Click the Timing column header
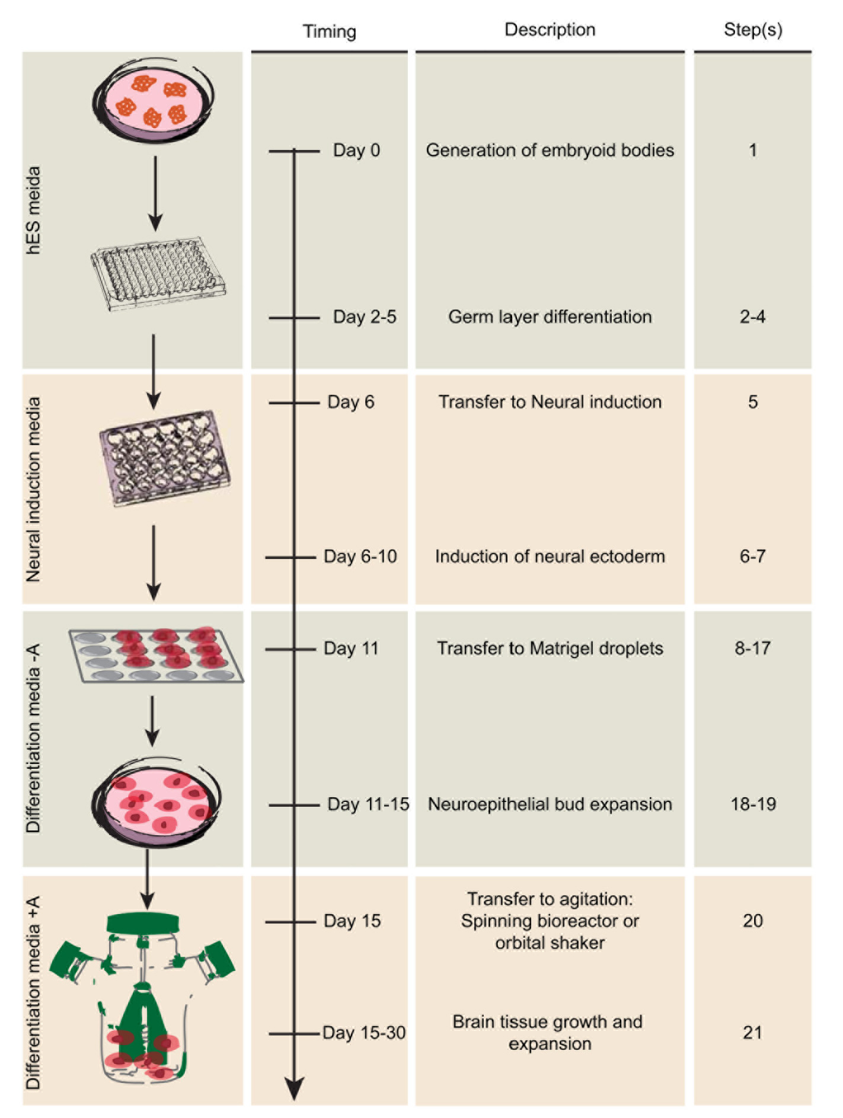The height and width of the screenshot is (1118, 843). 329,31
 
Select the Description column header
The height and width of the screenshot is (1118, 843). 550,30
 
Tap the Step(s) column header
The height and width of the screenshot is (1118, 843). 752,30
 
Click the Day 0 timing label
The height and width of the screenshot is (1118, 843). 356,151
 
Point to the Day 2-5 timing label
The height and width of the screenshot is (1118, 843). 365,317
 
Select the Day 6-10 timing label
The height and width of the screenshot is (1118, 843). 360,557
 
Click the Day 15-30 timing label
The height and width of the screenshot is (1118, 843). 364,1033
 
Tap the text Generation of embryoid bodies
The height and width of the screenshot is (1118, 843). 550,151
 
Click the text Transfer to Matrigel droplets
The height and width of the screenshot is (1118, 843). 550,649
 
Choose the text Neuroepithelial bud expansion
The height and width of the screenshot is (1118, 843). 550,804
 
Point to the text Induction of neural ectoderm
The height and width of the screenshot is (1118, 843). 550,557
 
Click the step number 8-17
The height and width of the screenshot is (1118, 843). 752,649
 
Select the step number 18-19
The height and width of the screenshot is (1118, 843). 753,804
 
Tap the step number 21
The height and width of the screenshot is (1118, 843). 752,1033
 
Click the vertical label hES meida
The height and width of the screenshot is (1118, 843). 34,210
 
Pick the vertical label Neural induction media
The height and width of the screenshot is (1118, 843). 34,490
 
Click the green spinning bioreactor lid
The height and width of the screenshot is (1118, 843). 143,923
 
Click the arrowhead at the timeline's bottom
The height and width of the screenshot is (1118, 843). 294,1088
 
